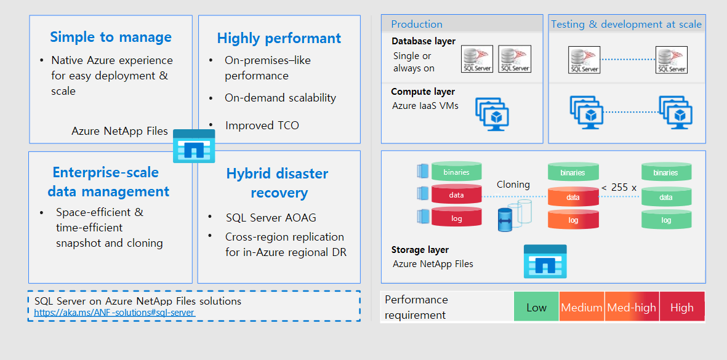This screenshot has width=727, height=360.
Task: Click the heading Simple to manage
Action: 111,37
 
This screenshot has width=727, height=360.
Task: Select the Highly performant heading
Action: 279,38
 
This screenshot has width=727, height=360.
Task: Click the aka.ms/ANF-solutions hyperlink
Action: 114,313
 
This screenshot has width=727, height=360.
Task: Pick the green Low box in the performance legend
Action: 536,307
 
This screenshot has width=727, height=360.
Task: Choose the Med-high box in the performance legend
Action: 632,307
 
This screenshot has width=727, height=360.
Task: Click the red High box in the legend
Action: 681,307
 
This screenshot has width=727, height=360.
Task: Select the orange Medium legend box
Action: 582,307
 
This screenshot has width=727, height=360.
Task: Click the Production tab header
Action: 417,24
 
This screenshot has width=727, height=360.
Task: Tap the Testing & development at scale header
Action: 626,24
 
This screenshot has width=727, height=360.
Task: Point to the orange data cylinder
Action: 572,197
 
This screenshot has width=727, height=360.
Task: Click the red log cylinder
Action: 456,218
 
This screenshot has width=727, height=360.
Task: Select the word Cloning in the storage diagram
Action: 513,185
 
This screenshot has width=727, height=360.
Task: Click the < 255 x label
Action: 619,187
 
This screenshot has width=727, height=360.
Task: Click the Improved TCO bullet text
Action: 262,126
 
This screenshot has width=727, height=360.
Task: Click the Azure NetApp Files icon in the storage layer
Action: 545,261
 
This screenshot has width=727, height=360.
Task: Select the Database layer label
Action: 424,41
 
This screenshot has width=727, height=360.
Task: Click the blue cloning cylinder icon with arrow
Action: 505,219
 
